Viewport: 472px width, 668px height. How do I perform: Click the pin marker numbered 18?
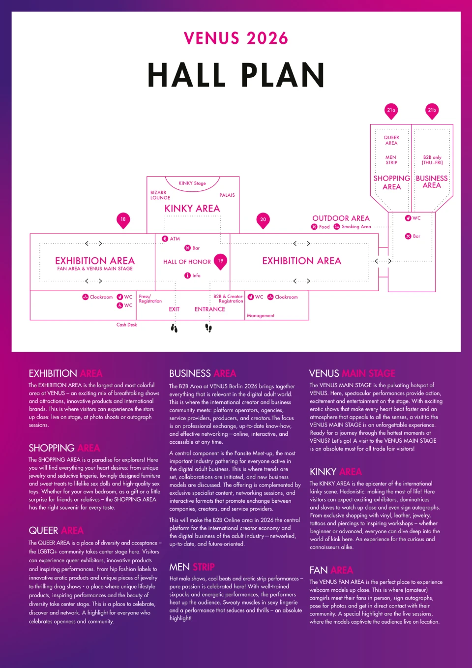[x=123, y=220]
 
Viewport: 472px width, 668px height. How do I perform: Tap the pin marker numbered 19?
[x=220, y=262]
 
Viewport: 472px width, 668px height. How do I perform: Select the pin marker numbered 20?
[x=263, y=220]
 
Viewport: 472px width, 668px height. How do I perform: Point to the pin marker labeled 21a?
[x=391, y=111]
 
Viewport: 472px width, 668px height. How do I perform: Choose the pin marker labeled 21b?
[x=432, y=111]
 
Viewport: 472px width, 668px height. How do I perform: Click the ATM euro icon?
[x=165, y=239]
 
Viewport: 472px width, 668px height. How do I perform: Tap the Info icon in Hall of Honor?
[x=187, y=275]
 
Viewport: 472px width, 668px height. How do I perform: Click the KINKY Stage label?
[x=192, y=183]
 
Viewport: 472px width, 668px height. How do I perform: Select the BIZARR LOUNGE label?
[x=160, y=195]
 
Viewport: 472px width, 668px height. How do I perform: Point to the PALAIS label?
[x=227, y=195]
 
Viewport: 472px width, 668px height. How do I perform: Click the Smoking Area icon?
[x=337, y=227]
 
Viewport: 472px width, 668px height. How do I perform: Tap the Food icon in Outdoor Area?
[x=314, y=227]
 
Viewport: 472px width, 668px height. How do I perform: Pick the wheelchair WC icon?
[x=120, y=305]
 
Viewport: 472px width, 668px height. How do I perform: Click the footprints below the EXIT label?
[x=175, y=328]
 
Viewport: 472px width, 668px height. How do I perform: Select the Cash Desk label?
[x=127, y=325]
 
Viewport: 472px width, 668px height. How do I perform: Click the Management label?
[x=261, y=315]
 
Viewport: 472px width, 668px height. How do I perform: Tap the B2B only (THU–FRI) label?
[x=432, y=160]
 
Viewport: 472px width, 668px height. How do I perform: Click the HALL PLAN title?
[x=236, y=75]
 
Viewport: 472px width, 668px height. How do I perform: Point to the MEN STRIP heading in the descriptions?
[x=192, y=567]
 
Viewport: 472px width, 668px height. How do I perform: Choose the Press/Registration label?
[x=150, y=299]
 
